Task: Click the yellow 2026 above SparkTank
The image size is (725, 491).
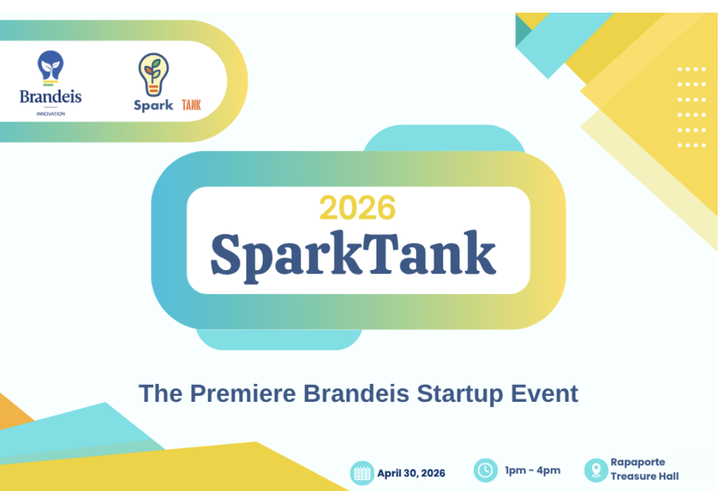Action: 357,208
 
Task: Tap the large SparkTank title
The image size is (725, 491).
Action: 353,254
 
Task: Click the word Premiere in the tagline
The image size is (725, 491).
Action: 243,393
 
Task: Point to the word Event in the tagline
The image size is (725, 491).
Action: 544,393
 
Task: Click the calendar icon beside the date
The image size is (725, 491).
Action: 362,473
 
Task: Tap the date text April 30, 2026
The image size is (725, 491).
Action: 411,474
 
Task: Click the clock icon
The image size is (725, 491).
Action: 486,470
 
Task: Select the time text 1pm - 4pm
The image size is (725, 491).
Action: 532,470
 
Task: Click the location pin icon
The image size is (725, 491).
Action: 596,470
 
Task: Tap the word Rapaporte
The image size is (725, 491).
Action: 637,462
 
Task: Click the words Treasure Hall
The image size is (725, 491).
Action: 644,476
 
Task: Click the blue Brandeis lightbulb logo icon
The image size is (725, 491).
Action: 51,68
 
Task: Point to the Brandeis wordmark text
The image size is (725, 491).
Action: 51,97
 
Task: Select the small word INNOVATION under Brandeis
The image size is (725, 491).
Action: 51,114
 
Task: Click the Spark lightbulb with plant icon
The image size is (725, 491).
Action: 154,75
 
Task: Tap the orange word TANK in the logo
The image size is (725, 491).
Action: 191,105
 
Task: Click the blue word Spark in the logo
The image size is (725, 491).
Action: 153,105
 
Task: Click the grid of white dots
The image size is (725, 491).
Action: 691,106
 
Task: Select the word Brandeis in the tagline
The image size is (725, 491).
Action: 357,393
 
